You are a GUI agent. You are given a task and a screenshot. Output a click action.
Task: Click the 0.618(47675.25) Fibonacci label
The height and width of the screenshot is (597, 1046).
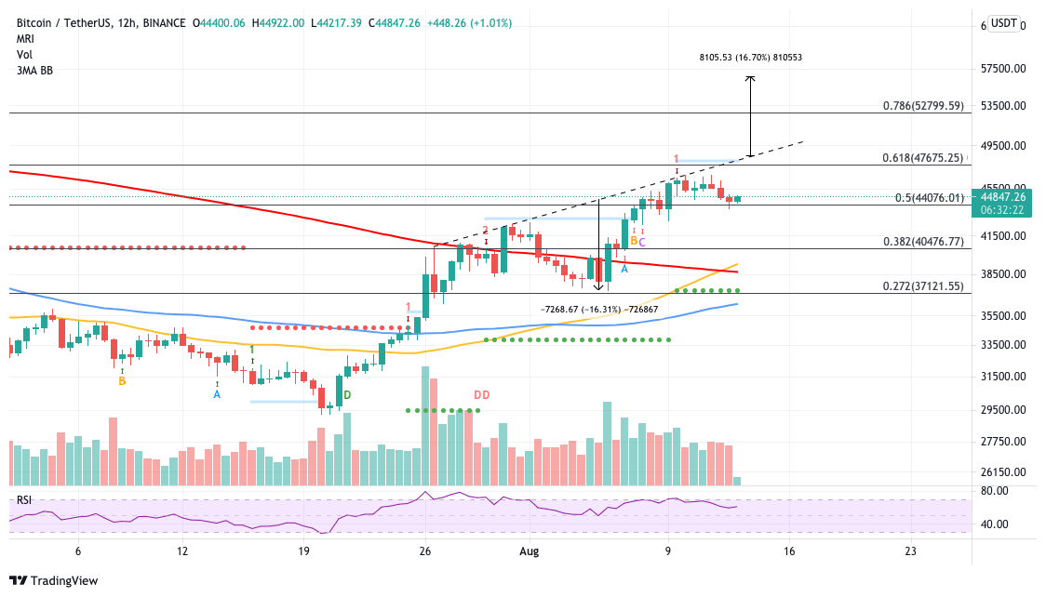923,158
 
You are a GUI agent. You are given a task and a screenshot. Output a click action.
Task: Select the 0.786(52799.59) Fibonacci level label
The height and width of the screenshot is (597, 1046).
923,106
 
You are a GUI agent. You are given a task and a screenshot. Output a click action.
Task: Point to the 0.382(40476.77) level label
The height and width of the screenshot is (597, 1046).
923,242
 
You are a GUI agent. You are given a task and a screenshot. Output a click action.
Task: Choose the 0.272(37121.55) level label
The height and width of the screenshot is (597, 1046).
923,286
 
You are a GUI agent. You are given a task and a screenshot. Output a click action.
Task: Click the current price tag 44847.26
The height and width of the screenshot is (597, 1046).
1002,196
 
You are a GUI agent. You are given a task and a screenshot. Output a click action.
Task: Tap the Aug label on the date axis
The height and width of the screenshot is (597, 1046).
530,551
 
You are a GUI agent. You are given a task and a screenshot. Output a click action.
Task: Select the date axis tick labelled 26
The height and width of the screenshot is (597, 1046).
425,551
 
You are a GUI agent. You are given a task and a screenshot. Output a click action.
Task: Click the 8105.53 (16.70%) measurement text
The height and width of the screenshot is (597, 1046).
750,58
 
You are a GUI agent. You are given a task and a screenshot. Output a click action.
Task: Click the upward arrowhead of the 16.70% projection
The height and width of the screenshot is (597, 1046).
750,78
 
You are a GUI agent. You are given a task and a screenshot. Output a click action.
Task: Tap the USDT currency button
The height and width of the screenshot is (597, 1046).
1004,24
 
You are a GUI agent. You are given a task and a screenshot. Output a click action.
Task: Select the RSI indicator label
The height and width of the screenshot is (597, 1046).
23,500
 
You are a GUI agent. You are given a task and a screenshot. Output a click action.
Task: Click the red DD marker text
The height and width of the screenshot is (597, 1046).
482,395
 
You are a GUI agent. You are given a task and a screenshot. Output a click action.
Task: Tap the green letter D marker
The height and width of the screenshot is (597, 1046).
347,395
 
